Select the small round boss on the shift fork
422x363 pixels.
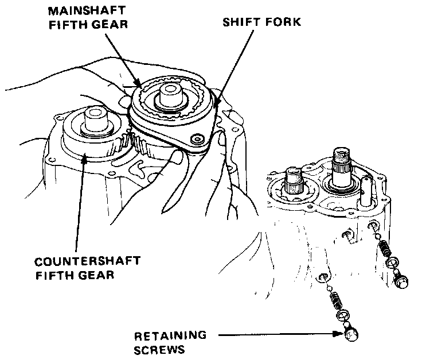pos(199,138)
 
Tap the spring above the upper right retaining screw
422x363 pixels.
pos(386,247)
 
